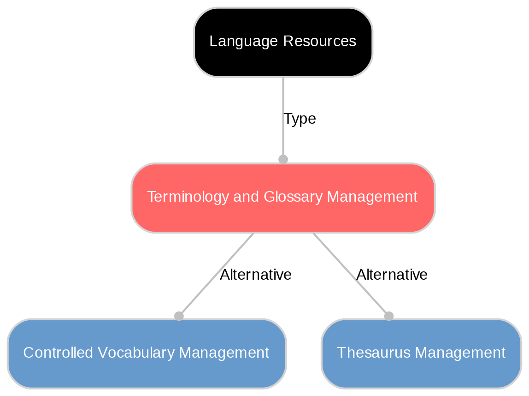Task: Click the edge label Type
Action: coord(300,119)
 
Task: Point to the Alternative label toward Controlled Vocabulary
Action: coord(256,275)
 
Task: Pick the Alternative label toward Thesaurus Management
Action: coord(392,275)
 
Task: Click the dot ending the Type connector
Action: coord(283,159)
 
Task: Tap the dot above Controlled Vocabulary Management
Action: coord(179,316)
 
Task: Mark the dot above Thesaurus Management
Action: coord(388,316)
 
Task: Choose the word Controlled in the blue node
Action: coord(52,353)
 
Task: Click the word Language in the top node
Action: coord(238,42)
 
